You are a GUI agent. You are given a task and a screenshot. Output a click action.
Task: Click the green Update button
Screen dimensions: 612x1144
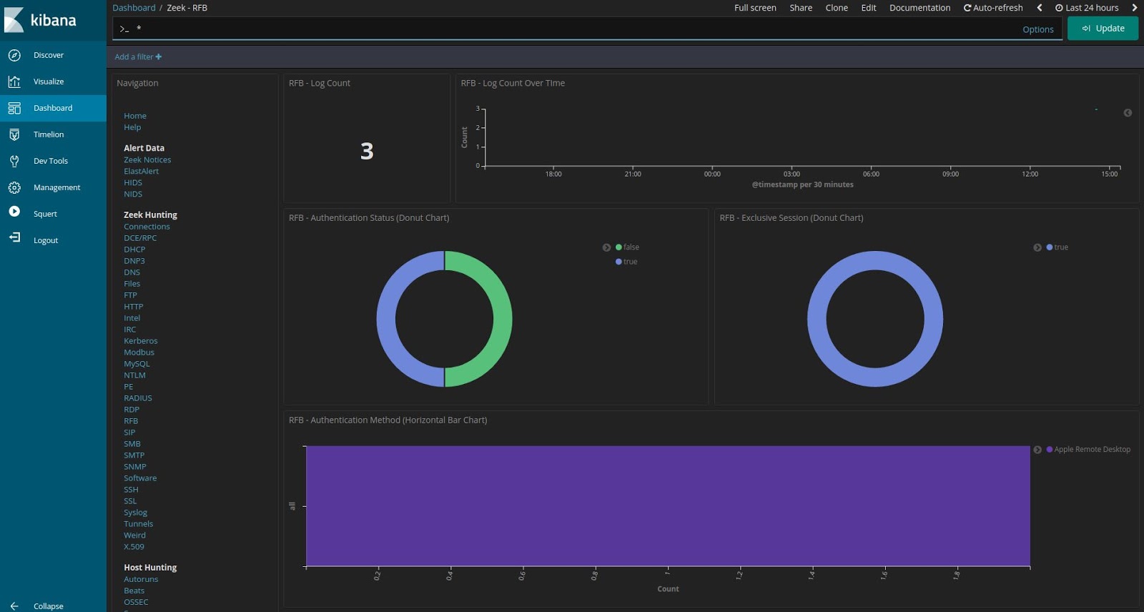point(1103,29)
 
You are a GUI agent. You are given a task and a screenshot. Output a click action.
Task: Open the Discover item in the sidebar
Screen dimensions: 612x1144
point(48,55)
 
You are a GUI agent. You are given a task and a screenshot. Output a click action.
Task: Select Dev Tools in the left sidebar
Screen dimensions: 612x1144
point(50,161)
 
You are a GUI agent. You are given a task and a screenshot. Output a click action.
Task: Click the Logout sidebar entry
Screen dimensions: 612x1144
point(45,240)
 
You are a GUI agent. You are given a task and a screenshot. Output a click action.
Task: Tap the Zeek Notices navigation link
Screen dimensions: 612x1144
point(147,160)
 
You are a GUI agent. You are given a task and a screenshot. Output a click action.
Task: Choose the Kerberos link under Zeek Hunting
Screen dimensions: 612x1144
point(140,341)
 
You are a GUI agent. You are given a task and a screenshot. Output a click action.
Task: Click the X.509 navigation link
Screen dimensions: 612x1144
point(134,547)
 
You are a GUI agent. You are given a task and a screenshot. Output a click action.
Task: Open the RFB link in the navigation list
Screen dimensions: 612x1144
point(131,421)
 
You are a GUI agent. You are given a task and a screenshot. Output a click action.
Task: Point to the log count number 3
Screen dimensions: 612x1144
point(367,151)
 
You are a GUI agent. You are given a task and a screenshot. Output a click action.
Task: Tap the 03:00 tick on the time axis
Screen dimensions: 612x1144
point(792,174)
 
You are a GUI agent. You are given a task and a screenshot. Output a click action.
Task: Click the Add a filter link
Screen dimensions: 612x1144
point(138,57)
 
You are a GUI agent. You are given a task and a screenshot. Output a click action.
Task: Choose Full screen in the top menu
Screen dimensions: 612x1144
point(755,8)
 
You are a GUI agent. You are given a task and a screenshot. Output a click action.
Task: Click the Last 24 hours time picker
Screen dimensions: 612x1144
point(1087,8)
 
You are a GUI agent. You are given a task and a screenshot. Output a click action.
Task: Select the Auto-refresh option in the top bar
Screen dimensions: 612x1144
point(993,8)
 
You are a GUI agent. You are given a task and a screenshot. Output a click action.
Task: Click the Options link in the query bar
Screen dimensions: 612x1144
point(1037,29)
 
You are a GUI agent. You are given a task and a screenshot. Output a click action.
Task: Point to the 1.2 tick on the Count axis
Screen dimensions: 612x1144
point(739,574)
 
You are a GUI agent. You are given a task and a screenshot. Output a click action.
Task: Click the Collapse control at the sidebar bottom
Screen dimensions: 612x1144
point(48,606)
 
